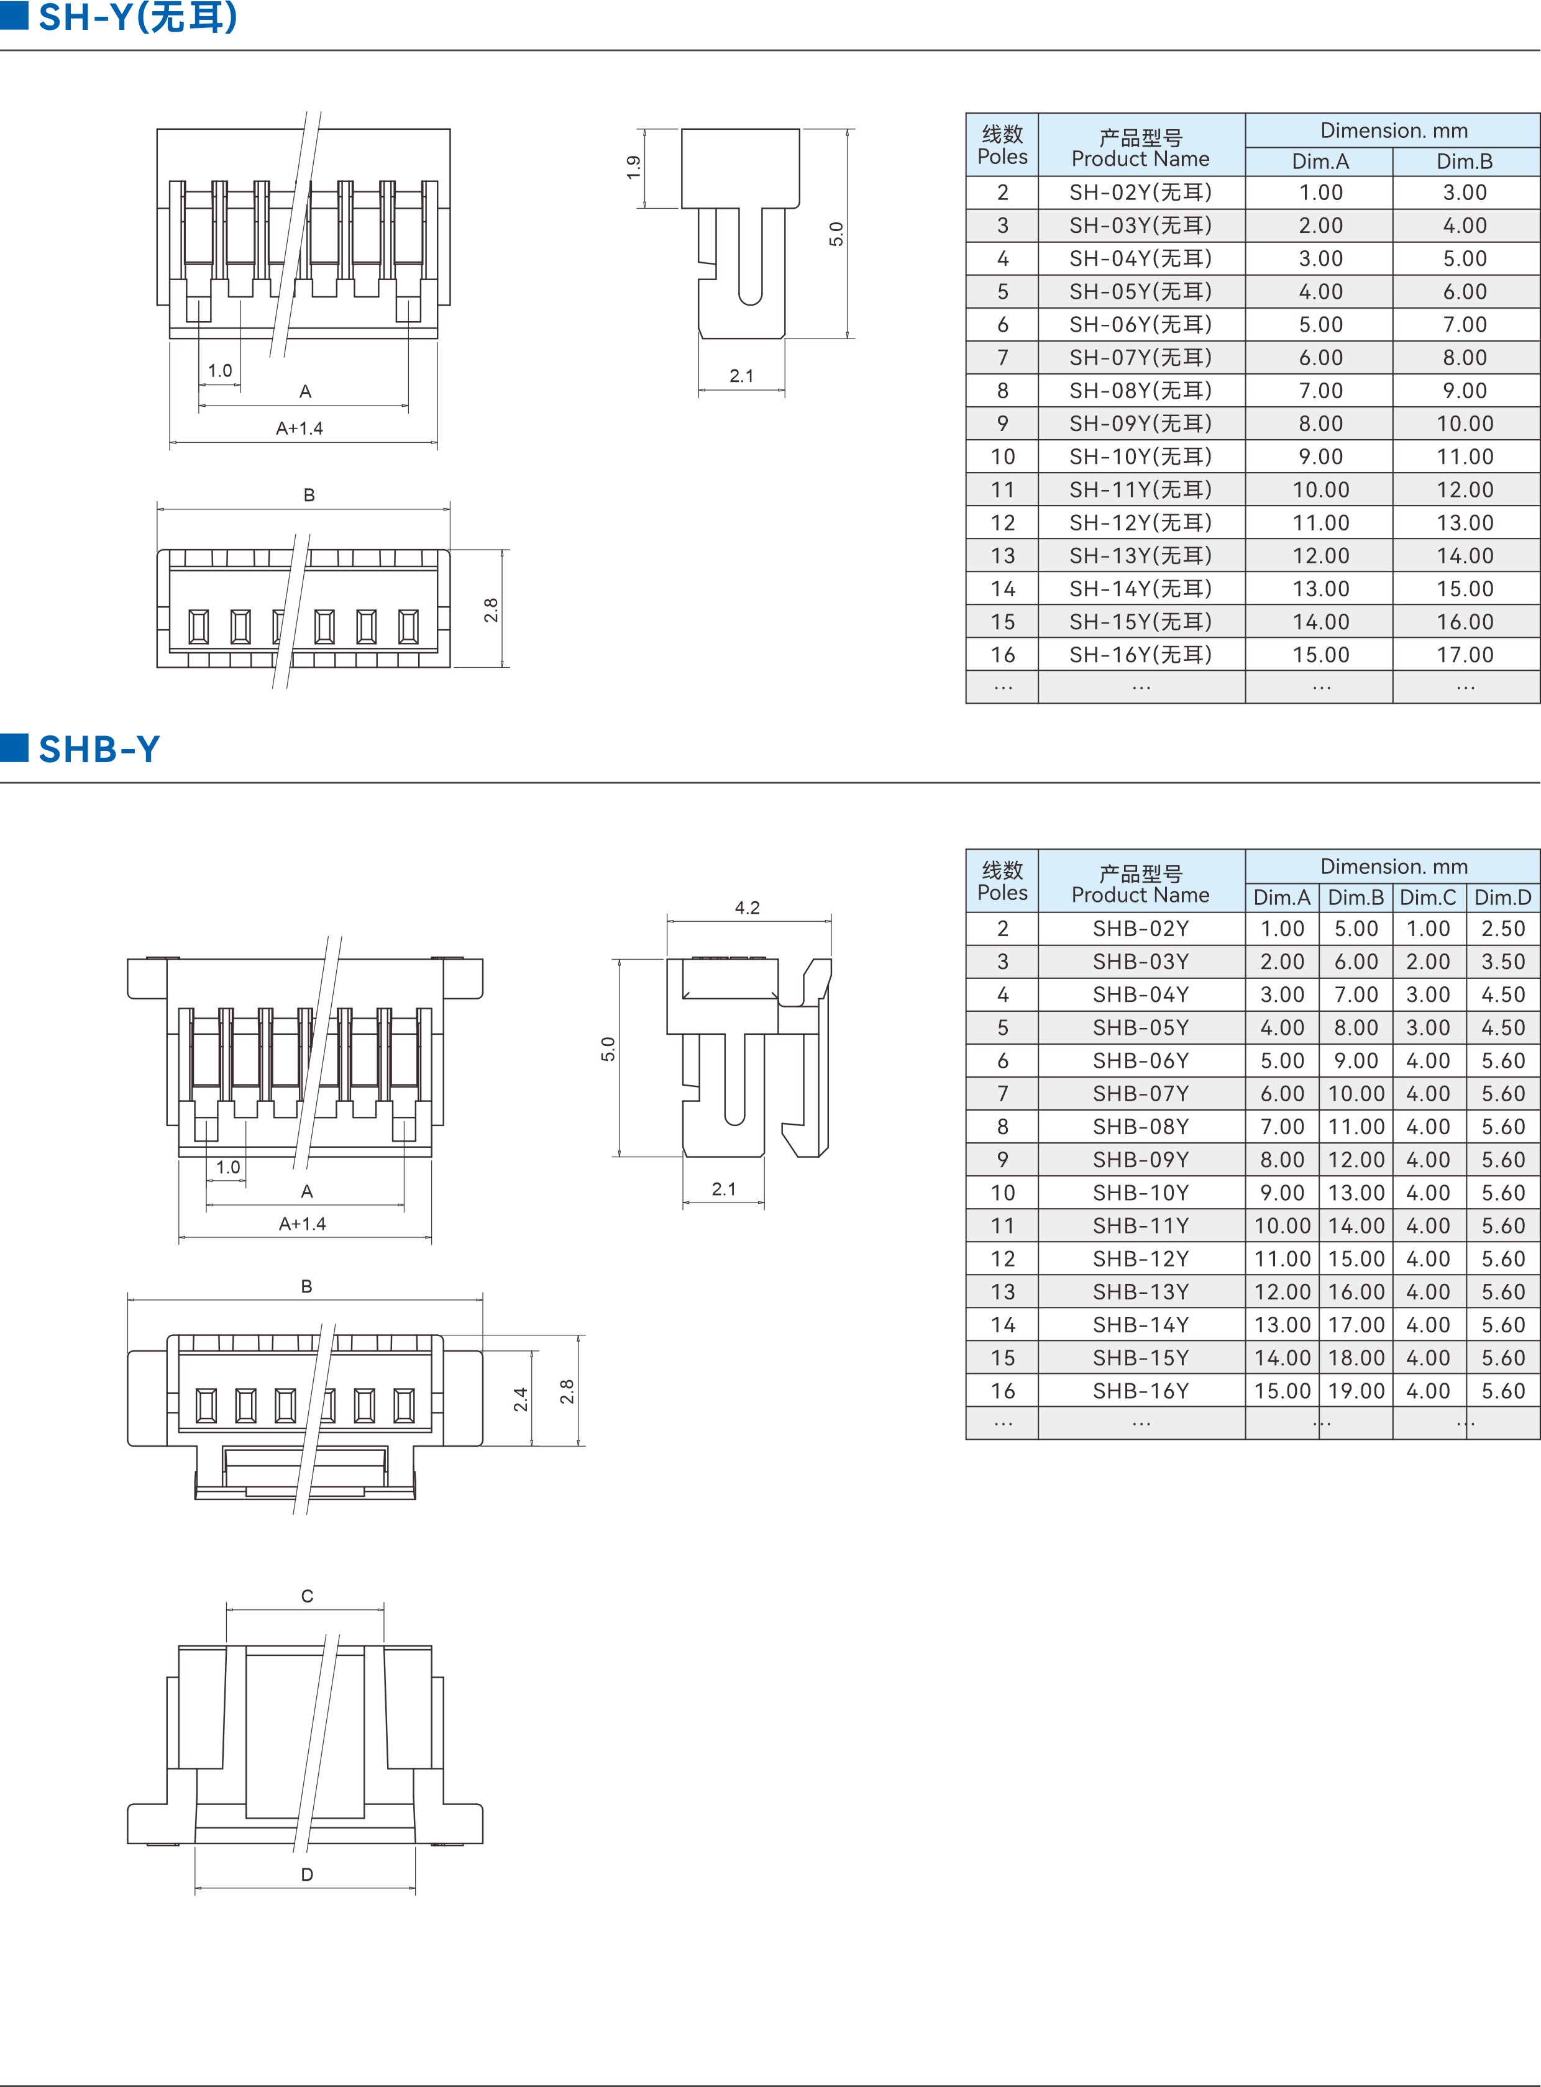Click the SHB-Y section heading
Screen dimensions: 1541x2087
pos(99,749)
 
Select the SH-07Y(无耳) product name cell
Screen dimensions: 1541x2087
pos(1141,357)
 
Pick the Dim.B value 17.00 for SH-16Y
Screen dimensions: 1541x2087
pos(1465,655)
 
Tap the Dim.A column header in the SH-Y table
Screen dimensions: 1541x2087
pos(1320,161)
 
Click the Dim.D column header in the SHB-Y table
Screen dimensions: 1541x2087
pos(1502,897)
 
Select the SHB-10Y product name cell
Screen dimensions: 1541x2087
pos(1141,1193)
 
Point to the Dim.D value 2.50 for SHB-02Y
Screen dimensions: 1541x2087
pos(1502,929)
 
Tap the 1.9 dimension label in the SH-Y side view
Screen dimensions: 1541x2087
pos(633,168)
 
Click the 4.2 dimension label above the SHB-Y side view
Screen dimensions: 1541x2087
pos(747,907)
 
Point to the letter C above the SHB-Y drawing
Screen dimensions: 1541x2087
pos(307,1596)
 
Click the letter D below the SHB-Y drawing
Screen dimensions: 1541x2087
pos(307,1875)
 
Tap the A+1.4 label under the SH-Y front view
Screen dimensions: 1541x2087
pos(300,428)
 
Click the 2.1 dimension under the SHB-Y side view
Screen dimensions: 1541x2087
pos(724,1189)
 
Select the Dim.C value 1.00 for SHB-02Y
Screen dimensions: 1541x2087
pos(1428,929)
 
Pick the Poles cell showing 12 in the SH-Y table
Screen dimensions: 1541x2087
pos(1003,522)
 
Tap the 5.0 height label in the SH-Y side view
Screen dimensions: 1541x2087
pos(836,234)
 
